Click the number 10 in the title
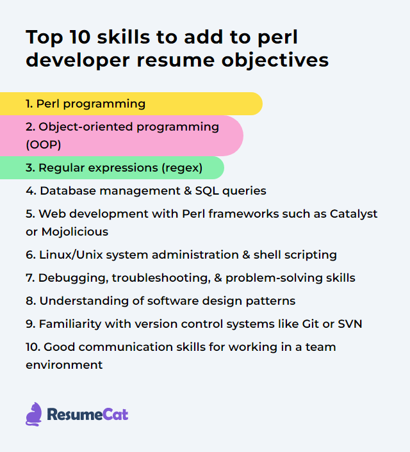click(79, 37)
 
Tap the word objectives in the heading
click(275, 61)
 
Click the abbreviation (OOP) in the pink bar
click(44, 145)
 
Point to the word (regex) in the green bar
click(182, 168)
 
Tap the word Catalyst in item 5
click(354, 214)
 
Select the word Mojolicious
click(75, 232)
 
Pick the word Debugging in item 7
click(73, 278)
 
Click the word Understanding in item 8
click(85, 301)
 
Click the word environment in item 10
click(64, 365)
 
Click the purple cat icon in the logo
click(33, 414)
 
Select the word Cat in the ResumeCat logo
click(115, 414)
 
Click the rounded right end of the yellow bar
click(262, 104)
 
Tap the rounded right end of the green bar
click(224, 168)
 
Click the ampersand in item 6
click(246, 255)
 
